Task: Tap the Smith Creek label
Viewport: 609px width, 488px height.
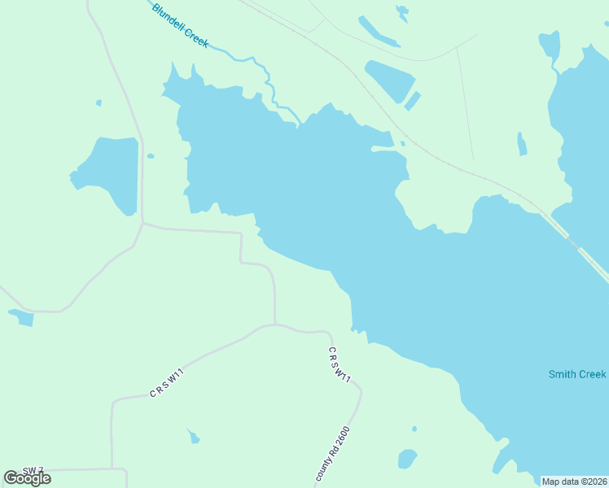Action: (x=576, y=374)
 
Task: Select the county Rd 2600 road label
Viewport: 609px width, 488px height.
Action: (x=332, y=454)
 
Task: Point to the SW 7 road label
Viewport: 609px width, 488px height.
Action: (x=33, y=471)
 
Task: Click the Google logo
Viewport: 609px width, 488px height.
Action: (x=28, y=478)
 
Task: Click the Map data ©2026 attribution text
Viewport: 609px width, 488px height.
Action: (x=575, y=481)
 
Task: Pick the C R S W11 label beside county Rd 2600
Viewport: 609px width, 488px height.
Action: (x=340, y=365)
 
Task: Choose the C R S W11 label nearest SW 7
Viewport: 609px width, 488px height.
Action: (x=167, y=383)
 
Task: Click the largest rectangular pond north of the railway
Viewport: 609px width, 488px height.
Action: (x=391, y=80)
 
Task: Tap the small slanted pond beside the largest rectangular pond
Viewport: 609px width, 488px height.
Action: (x=413, y=101)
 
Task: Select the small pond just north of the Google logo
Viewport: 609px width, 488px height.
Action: (x=21, y=317)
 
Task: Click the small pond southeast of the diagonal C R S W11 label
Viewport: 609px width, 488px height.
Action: (x=193, y=438)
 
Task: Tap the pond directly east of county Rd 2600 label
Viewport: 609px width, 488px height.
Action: (x=407, y=459)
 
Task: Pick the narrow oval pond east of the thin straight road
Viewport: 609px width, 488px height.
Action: (x=522, y=144)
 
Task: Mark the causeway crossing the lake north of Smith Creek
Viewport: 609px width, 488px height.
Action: (x=574, y=244)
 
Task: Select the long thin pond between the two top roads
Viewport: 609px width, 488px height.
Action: (x=378, y=33)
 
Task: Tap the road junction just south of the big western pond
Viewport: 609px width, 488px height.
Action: (x=142, y=223)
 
